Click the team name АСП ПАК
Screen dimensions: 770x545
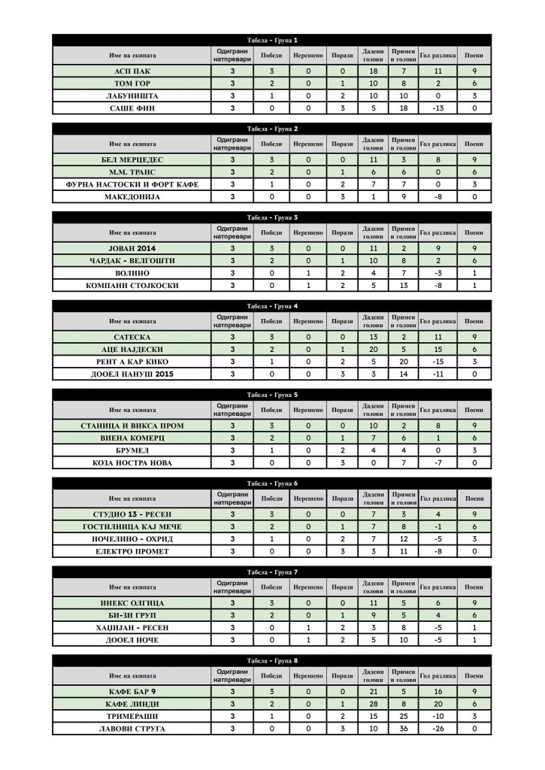[132, 71]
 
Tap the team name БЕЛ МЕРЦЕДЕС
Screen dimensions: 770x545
[132, 159]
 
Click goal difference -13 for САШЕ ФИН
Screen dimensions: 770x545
[437, 108]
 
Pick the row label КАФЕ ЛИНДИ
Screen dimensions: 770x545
[132, 703]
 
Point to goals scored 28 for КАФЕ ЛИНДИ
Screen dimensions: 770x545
[373, 703]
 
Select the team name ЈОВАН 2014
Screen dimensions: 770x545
[132, 248]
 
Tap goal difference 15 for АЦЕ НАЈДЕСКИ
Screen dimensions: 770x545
[437, 350]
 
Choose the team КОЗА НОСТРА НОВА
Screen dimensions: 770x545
[132, 463]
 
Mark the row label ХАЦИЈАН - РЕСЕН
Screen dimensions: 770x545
[132, 627]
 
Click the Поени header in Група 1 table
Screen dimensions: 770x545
[474, 55]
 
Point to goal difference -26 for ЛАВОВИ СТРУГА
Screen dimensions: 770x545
[437, 729]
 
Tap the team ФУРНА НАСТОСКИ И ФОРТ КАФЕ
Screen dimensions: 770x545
[132, 184]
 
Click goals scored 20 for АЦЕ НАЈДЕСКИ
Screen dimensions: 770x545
[373, 350]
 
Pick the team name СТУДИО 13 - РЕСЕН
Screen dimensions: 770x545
[132, 514]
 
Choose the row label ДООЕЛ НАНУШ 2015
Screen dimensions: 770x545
[132, 374]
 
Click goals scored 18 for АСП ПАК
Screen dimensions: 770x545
[373, 71]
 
